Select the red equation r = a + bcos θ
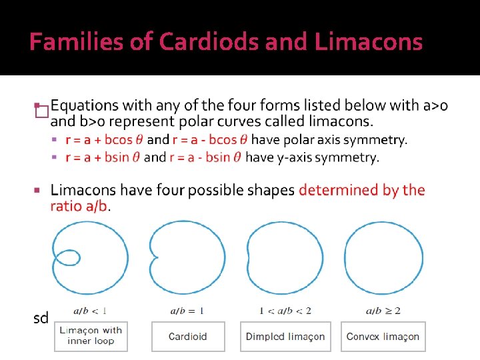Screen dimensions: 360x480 pos(104,140)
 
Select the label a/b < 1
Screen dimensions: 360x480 pos(91,311)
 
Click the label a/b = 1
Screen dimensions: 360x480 pos(187,311)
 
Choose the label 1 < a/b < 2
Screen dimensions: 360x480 pos(285,311)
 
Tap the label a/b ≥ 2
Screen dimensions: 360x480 pos(383,311)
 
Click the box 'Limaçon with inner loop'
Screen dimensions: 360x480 pos(91,336)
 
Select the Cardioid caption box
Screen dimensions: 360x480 pos(188,336)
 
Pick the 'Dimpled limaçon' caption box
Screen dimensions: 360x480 pos(285,336)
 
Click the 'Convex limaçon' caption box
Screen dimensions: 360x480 pos(383,336)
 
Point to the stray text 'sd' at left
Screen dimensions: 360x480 pos(41,318)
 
